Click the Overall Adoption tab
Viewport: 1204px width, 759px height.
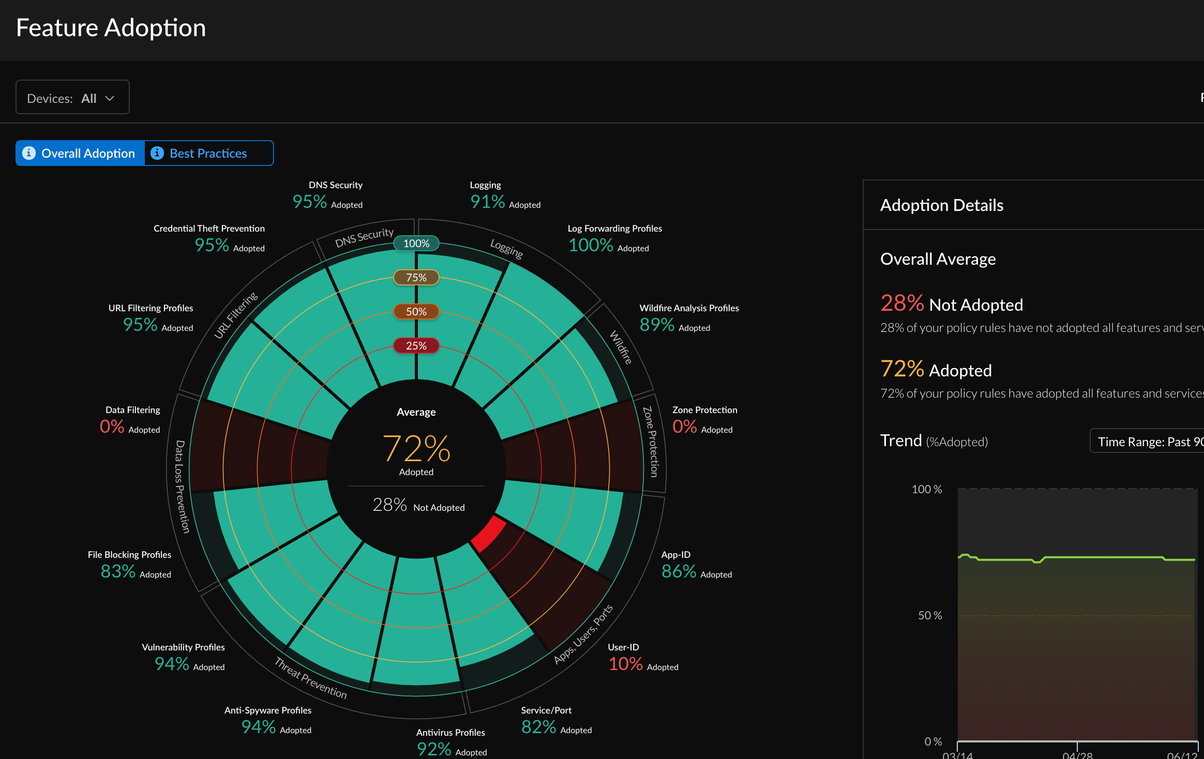(x=80, y=154)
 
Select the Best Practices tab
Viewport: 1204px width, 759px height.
(x=208, y=154)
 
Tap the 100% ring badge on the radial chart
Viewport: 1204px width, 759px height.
(x=416, y=244)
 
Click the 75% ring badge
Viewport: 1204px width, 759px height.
(x=416, y=278)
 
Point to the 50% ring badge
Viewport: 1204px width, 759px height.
(x=416, y=312)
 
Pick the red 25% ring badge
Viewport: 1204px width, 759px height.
(x=416, y=346)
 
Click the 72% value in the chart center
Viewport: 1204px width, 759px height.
(x=416, y=448)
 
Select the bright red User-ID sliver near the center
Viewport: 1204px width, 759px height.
(x=488, y=534)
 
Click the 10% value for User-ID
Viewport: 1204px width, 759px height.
(x=625, y=664)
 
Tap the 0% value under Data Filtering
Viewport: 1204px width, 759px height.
(x=112, y=427)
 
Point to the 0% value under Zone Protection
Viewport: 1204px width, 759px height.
(x=684, y=427)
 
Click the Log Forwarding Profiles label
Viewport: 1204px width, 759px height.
(x=614, y=229)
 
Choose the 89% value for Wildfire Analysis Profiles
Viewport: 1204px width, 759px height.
(x=657, y=325)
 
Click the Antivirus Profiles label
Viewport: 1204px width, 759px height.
(x=450, y=733)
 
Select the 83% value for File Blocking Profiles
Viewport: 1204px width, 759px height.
(x=118, y=572)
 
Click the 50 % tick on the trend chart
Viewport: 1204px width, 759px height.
(x=929, y=615)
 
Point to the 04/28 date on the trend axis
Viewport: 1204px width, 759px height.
(x=1077, y=755)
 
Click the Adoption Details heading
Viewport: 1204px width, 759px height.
(x=941, y=205)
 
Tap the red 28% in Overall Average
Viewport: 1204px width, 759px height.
(x=901, y=303)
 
